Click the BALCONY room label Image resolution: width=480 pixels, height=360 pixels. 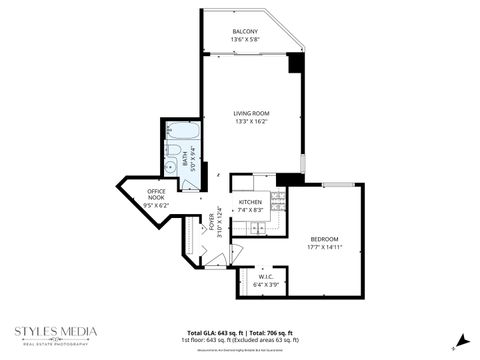pyautogui.click(x=245, y=32)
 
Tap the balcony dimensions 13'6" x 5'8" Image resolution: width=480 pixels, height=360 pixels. pyautogui.click(x=245, y=41)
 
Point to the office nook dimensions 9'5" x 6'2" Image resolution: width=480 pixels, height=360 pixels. pyautogui.click(x=157, y=205)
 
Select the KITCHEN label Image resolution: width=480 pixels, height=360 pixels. pyautogui.click(x=250, y=202)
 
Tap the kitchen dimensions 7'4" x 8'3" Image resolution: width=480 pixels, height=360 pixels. pyautogui.click(x=250, y=211)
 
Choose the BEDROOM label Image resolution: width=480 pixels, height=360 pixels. pyautogui.click(x=324, y=238)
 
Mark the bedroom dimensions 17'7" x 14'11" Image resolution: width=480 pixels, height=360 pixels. pyautogui.click(x=324, y=247)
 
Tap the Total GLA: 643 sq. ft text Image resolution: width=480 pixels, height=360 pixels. pyautogui.click(x=216, y=332)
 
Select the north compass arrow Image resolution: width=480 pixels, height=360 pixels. pyautogui.click(x=461, y=338)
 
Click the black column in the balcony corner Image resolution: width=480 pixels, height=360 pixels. pyautogui.click(x=294, y=62)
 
